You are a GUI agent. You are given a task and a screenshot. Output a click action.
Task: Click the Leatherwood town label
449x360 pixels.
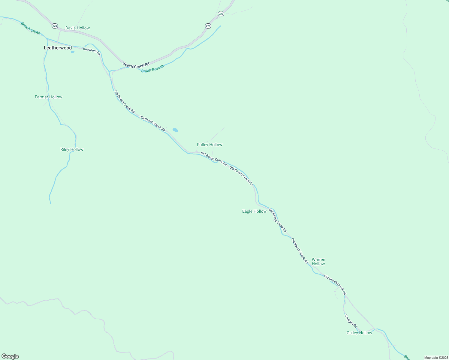point(58,48)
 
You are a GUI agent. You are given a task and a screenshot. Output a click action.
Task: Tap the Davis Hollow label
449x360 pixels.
point(77,28)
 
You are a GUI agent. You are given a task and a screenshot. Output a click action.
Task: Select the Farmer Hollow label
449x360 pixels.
point(48,97)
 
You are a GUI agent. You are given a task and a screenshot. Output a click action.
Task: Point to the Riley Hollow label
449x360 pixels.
point(72,149)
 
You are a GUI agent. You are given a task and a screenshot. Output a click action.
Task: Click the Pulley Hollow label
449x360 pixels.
point(209,145)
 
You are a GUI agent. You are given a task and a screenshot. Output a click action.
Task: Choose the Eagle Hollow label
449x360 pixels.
point(254,211)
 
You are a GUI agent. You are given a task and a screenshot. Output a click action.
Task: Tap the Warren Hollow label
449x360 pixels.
point(318,262)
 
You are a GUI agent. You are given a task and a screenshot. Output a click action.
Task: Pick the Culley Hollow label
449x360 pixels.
point(359,333)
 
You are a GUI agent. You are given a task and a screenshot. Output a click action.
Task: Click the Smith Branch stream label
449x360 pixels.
point(152,69)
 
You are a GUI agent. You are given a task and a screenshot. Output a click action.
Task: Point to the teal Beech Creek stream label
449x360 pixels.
point(30,28)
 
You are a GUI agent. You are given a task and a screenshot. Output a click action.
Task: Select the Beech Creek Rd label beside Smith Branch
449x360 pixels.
point(136,64)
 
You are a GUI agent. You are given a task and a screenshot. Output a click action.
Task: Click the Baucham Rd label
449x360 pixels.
point(92,50)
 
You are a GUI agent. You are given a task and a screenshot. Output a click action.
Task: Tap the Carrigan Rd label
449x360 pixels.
point(351,321)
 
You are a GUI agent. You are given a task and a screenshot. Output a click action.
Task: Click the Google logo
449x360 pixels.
point(10,356)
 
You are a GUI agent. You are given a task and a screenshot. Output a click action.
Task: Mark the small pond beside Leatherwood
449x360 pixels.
point(72,52)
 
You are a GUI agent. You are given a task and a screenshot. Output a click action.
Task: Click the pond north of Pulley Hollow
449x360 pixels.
point(175,130)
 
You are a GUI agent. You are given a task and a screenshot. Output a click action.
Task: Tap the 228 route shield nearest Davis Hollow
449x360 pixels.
point(54,26)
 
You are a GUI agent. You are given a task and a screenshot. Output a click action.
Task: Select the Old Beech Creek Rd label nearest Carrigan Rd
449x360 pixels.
point(335,285)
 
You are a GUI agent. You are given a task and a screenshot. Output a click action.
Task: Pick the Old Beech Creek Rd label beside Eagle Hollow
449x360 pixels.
point(277,220)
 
